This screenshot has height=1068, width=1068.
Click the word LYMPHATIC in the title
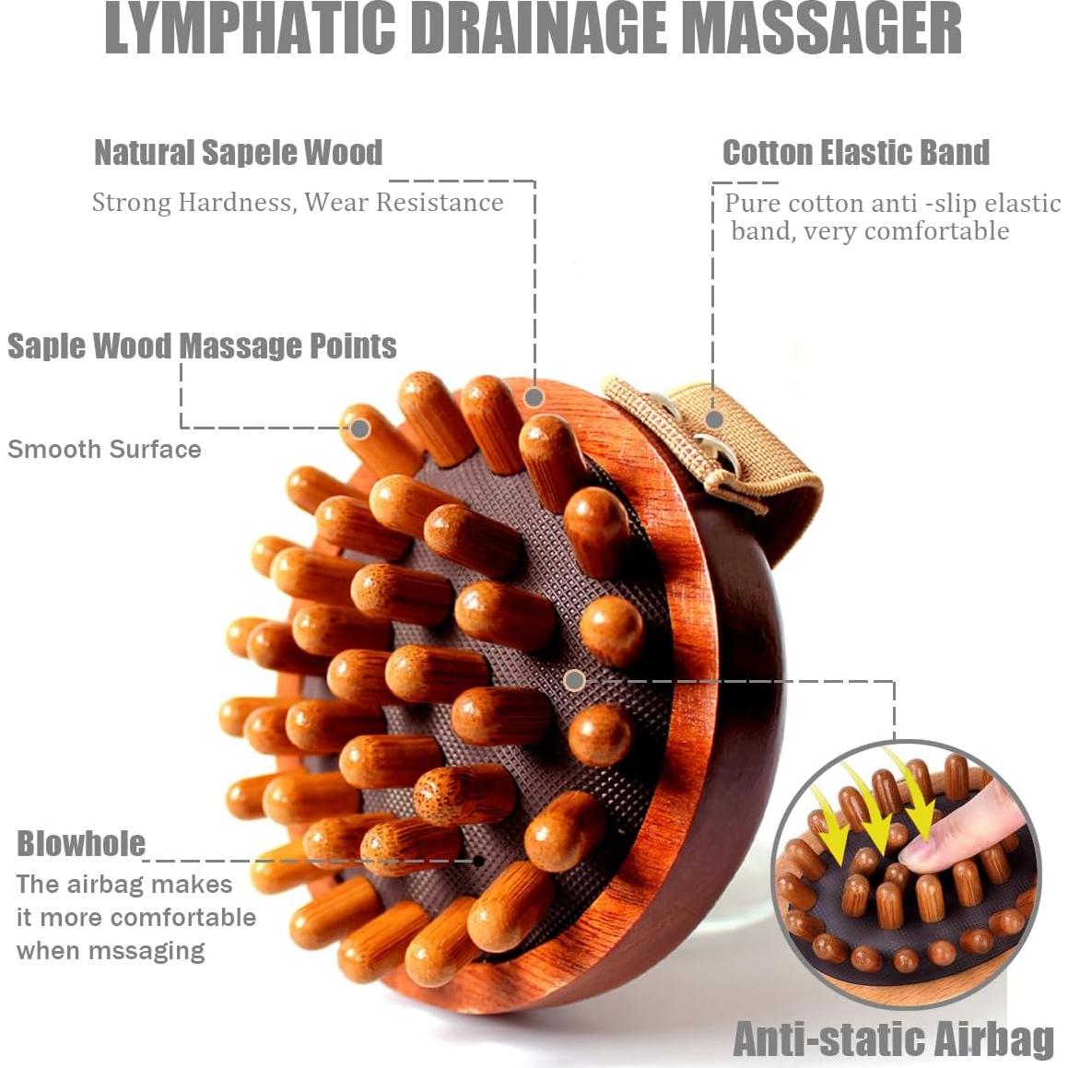point(250,29)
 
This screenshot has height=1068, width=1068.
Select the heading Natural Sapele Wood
point(238,153)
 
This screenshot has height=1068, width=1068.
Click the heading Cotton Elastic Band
point(855,153)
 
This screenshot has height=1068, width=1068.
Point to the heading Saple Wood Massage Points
point(202,346)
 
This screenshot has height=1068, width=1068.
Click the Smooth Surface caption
point(104,450)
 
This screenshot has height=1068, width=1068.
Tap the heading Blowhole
point(81,844)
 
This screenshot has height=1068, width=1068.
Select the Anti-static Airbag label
point(893,1039)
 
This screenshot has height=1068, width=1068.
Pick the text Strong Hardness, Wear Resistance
point(298,203)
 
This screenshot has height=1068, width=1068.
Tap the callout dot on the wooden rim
point(534,398)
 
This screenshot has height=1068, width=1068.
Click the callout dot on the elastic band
point(711,418)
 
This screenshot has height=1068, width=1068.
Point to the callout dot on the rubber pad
point(574,681)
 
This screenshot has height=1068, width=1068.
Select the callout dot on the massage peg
point(360,428)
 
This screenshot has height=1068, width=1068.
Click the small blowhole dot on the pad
point(477,861)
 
